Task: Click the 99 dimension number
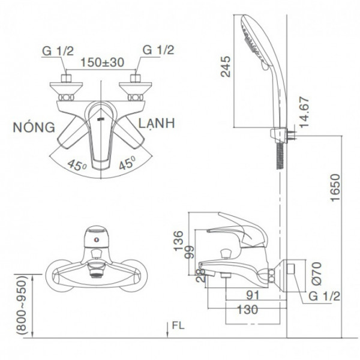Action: pos(188,252)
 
